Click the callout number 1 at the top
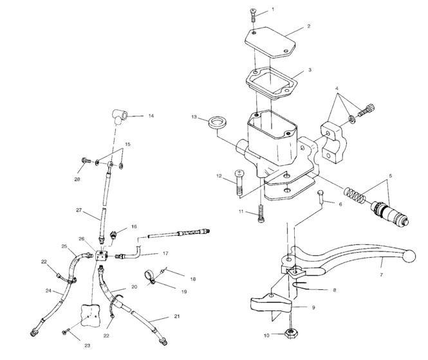(x=272, y=10)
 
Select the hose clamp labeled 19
(x=147, y=277)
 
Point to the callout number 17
(x=165, y=254)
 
